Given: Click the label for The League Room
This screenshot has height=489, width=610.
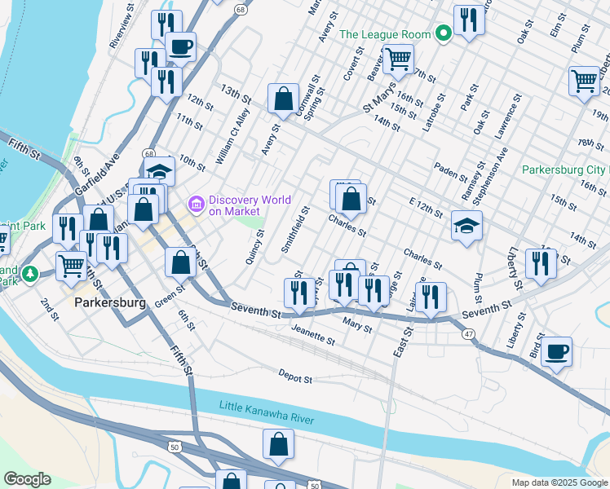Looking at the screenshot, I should [x=384, y=34].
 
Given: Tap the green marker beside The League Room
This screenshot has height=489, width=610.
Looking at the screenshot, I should [x=443, y=34].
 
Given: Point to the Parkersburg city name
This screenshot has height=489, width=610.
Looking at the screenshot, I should [x=109, y=302].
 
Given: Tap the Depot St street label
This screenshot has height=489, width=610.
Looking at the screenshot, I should [x=295, y=378].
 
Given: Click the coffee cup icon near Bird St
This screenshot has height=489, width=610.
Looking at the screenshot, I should [x=556, y=351].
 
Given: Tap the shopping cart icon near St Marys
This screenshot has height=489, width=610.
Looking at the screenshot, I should [x=398, y=58].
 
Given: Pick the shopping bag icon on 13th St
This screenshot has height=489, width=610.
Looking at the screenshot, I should [x=282, y=99].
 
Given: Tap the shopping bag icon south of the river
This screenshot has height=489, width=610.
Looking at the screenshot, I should [x=278, y=444].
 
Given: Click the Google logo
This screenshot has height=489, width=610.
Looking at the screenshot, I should [x=27, y=479].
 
